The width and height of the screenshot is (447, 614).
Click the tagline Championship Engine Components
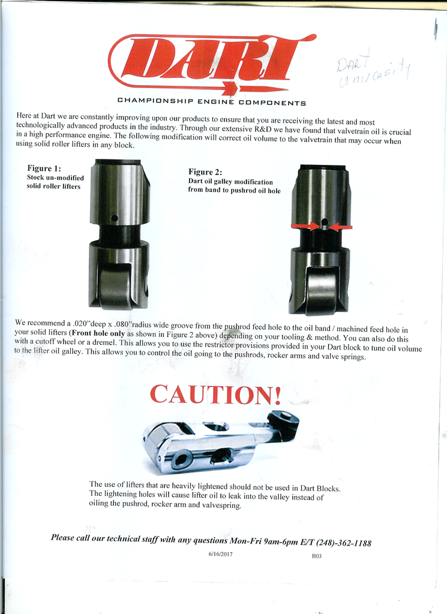(211, 103)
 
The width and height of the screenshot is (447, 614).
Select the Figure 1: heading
(44, 168)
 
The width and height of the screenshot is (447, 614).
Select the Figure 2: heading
(205, 172)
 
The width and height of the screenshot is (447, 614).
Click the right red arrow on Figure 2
(341, 227)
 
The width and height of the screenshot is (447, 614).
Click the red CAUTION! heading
(215, 394)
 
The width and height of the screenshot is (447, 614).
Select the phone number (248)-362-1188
(343, 543)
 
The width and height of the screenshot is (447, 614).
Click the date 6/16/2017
(220, 554)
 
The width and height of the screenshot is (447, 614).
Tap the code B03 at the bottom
(316, 556)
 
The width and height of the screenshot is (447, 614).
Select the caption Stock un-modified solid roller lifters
(55, 182)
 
